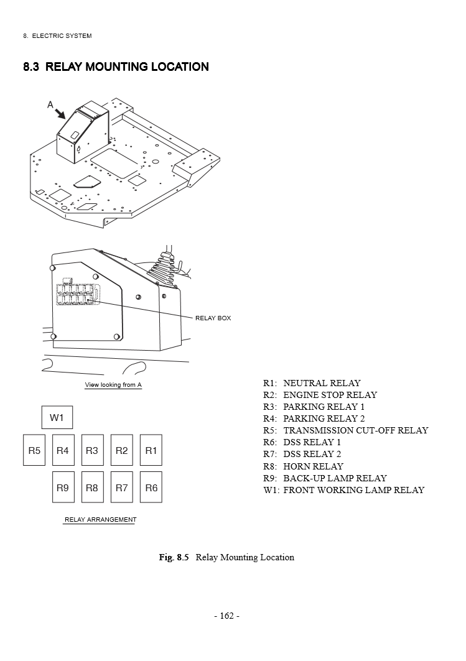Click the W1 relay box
pyautogui.click(x=57, y=418)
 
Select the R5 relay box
pyautogui.click(x=34, y=450)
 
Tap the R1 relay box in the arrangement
pyautogui.click(x=151, y=450)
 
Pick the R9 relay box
pyautogui.click(x=63, y=488)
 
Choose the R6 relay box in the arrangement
pyautogui.click(x=151, y=488)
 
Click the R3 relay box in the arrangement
pyautogui.click(x=92, y=450)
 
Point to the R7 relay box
pyautogui.click(x=121, y=488)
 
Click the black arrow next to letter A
pyautogui.click(x=60, y=113)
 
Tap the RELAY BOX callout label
pyautogui.click(x=213, y=318)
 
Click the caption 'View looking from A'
pyautogui.click(x=113, y=385)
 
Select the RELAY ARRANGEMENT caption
pyautogui.click(x=100, y=520)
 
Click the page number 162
pyautogui.click(x=226, y=616)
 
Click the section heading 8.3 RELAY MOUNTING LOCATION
pyautogui.click(x=116, y=67)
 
